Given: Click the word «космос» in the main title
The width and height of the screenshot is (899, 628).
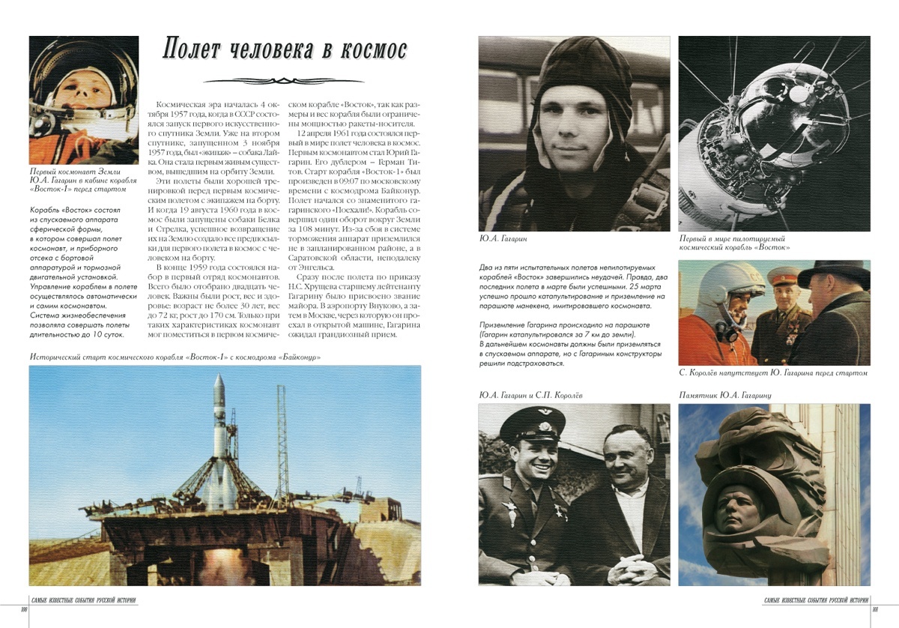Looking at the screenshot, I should coord(369,49).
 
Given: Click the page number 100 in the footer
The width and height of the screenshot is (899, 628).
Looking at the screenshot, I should coord(24,609).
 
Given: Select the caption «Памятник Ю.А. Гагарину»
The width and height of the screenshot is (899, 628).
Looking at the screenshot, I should coord(725,395).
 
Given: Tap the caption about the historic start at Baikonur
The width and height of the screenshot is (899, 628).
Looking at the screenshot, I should coord(175,357).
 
